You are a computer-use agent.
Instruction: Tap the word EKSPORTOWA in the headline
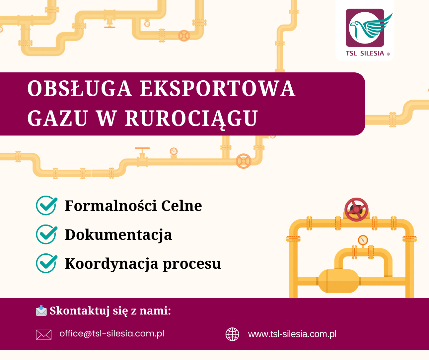[x=217, y=89]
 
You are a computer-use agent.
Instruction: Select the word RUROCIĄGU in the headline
[x=191, y=118]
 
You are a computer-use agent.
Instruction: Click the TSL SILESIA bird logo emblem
[x=365, y=28]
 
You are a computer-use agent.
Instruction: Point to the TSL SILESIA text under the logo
[x=365, y=53]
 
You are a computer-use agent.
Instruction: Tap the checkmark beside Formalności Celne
[x=46, y=206]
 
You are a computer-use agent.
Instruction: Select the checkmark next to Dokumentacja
[x=46, y=234]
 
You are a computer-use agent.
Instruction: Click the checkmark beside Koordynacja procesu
[x=46, y=263]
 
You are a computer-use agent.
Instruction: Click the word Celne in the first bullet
[x=181, y=206]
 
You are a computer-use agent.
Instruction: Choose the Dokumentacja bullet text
[x=118, y=235]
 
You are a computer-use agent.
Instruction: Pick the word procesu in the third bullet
[x=192, y=264]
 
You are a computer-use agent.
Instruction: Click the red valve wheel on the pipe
[x=357, y=210]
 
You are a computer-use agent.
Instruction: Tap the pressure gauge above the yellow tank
[x=363, y=240]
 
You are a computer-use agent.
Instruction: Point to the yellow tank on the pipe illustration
[x=338, y=281]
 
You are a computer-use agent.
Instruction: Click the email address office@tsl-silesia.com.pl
[x=112, y=333]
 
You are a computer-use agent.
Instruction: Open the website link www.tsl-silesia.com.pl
[x=292, y=334]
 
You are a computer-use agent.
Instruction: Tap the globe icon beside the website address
[x=232, y=334]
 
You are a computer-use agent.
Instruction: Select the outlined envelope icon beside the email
[x=44, y=334]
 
